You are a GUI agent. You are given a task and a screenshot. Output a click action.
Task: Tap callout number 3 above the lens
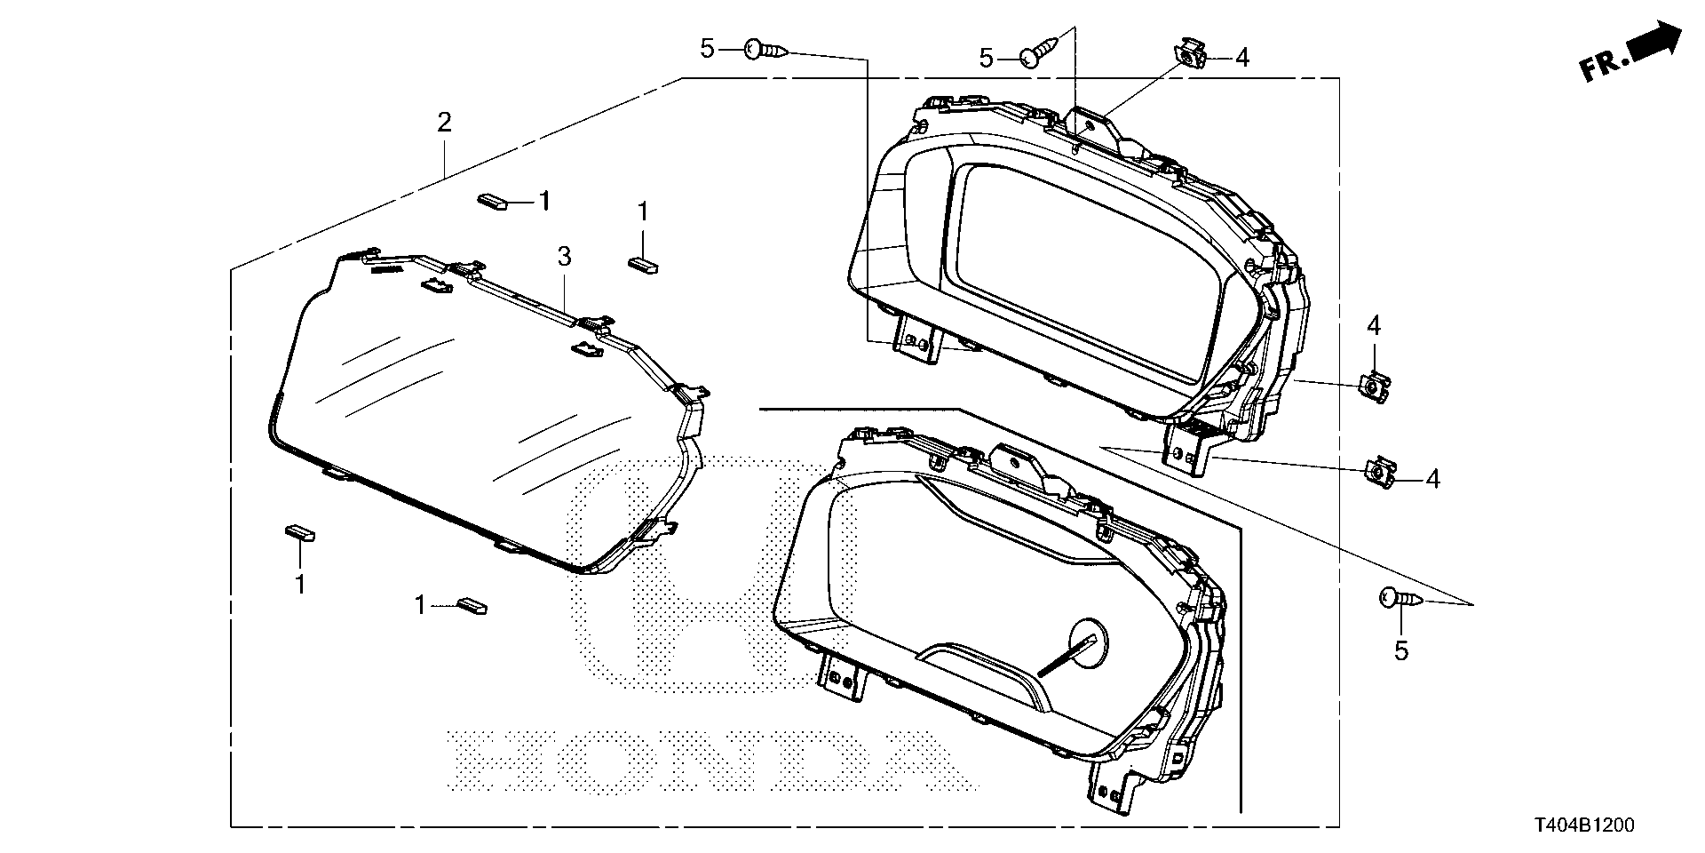(564, 257)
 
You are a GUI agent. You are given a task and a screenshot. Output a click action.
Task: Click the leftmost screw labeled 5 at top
(765, 49)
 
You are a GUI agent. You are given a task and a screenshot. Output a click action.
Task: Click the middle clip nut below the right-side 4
(1374, 387)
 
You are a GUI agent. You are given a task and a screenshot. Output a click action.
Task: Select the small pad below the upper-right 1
(643, 262)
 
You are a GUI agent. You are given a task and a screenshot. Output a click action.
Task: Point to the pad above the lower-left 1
(299, 532)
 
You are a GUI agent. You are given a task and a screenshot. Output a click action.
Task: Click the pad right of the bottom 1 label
(471, 607)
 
